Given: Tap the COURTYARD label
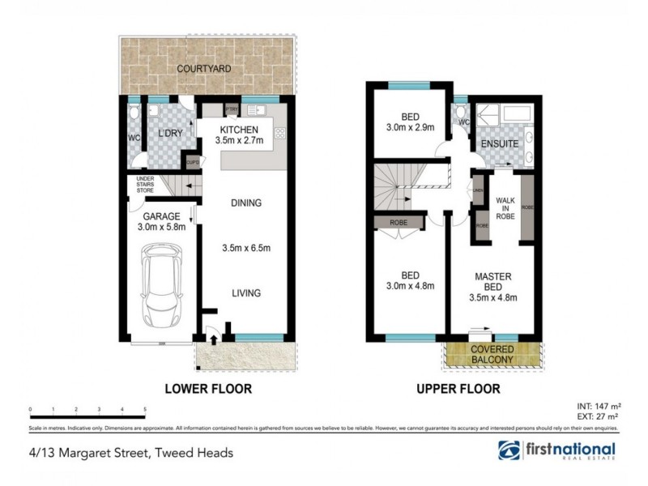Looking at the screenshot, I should [205, 69].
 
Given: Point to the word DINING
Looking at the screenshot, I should [245, 203].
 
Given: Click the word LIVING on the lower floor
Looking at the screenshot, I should [245, 293].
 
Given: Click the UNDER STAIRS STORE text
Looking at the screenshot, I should [145, 185].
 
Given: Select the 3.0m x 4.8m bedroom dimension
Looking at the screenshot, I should [408, 285].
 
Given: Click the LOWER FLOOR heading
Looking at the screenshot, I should [208, 389].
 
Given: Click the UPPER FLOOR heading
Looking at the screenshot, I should [458, 389].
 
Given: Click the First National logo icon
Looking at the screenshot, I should [509, 451].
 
